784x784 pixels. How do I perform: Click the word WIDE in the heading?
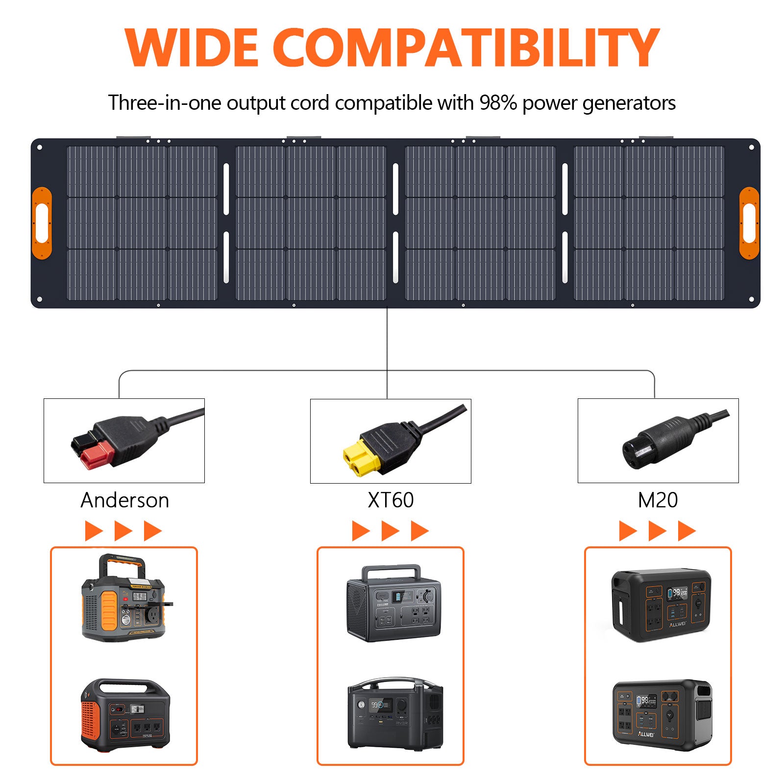coord(191,48)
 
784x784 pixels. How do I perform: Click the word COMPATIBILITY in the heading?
coord(465,48)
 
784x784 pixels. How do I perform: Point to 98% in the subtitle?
coord(498,103)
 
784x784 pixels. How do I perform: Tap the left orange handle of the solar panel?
coord(42,223)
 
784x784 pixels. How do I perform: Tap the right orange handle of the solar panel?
coord(749,223)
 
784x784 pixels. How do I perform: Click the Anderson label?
coord(124,500)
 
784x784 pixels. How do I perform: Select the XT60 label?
coord(391,500)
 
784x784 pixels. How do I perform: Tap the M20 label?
coord(658,500)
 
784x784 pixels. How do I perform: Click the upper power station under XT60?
coord(393,603)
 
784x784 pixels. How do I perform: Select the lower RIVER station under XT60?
coord(395,713)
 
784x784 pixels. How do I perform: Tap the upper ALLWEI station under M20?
coord(661,605)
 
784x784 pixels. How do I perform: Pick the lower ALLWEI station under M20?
coord(662,715)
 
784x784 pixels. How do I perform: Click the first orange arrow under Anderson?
coord(93,531)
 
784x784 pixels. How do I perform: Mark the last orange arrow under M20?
coord(686,531)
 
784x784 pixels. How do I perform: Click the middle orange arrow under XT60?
coord(390,531)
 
